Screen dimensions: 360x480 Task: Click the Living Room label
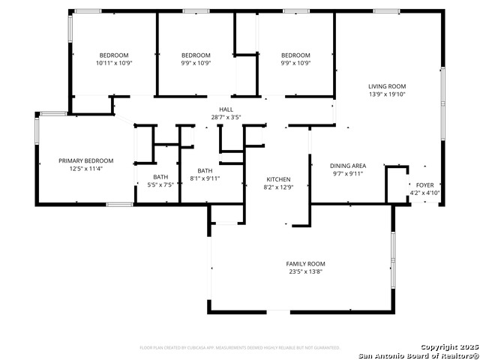click(386, 86)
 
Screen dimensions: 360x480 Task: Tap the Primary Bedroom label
click(86, 160)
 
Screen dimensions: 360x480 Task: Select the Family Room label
click(305, 263)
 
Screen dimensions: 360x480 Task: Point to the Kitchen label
click(278, 179)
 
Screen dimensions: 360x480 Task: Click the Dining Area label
click(348, 165)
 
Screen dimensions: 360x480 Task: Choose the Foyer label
click(424, 184)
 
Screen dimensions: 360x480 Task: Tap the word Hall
click(226, 109)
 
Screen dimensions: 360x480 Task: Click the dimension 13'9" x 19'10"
click(386, 94)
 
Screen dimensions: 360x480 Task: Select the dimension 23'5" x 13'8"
click(305, 272)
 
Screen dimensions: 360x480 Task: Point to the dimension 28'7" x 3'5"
click(226, 118)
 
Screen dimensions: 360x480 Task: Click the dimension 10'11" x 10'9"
click(114, 63)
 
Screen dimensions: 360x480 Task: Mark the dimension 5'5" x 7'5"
click(161, 184)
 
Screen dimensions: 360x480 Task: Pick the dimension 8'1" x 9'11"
click(205, 178)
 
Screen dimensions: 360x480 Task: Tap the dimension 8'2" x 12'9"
click(278, 187)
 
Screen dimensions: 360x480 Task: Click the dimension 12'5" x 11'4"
click(86, 169)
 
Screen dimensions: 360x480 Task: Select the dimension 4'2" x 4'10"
click(424, 193)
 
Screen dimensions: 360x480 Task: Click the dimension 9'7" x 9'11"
click(348, 173)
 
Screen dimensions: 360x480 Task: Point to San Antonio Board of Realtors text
click(418, 355)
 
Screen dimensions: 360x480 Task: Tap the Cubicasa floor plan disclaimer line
click(240, 348)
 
